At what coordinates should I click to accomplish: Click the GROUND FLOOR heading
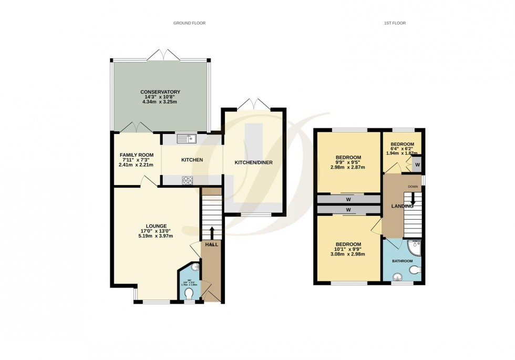click(189, 23)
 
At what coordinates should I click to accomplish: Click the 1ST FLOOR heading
click(396, 23)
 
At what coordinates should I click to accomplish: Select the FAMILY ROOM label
click(136, 155)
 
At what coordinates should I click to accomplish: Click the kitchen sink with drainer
click(187, 139)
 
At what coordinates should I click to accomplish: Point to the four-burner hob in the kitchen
click(188, 180)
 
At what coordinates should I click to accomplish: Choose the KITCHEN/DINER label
click(254, 162)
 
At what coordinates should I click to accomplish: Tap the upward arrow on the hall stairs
click(212, 232)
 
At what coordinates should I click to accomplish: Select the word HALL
click(212, 244)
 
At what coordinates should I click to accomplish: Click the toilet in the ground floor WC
click(190, 292)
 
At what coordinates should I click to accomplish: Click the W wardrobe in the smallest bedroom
click(417, 164)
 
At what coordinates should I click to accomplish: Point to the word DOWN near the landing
click(413, 187)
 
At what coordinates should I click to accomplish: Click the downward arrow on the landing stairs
click(413, 200)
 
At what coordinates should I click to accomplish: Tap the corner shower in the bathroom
click(416, 246)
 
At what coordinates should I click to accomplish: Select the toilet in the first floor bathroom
click(415, 270)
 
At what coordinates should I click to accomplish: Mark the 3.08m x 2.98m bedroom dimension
click(347, 254)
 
